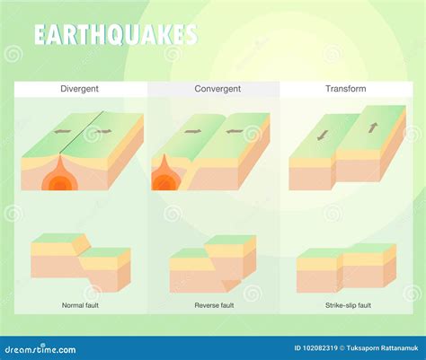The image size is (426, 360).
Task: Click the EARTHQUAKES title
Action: click(x=115, y=35)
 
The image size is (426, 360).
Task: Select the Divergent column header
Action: click(x=80, y=89)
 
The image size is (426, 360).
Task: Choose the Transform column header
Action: click(x=346, y=89)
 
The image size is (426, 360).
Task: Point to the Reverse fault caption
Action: click(x=213, y=305)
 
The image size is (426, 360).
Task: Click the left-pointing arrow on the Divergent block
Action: click(x=62, y=132)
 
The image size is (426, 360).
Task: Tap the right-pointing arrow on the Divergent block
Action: click(x=104, y=132)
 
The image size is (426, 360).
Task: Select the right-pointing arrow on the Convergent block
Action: click(x=192, y=131)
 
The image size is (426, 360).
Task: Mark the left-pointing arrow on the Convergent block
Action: click(x=234, y=131)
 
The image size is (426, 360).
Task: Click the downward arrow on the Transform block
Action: click(x=322, y=135)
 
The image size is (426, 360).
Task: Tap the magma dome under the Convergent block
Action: click(x=165, y=180)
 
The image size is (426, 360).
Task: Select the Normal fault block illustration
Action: click(x=80, y=261)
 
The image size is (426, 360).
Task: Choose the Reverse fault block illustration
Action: click(x=213, y=262)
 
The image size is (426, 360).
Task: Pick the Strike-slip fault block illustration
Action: click(x=346, y=267)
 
